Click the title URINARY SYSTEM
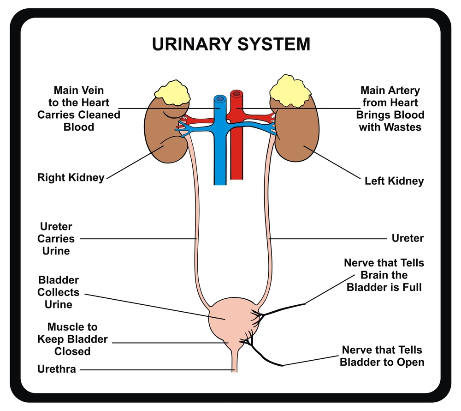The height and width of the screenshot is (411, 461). tap(231, 44)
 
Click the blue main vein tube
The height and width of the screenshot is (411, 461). tap(220, 152)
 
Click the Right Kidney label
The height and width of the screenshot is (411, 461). tap(71, 177)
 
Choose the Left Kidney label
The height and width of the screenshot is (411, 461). tap(394, 181)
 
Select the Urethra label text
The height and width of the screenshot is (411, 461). tap(57, 369)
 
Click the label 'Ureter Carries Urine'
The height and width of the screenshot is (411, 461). tap(56, 239)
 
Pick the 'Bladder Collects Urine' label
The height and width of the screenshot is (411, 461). tap(59, 292)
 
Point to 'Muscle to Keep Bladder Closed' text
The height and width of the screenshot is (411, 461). tap(72, 339)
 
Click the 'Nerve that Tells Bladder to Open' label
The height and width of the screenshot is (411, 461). tap(382, 356)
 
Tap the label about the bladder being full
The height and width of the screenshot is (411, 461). tap(384, 275)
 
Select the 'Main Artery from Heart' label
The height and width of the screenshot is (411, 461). tap(390, 109)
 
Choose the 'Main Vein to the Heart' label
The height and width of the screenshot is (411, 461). tap(79, 109)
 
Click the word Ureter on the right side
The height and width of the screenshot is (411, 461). tap(408, 238)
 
